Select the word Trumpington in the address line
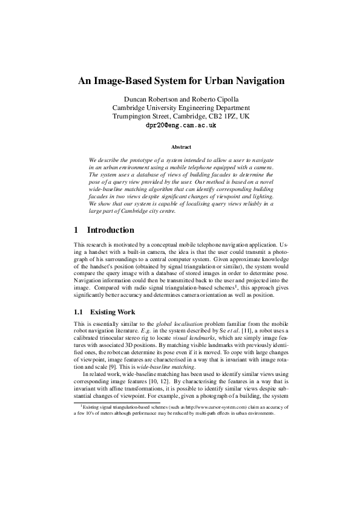(133, 117)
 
